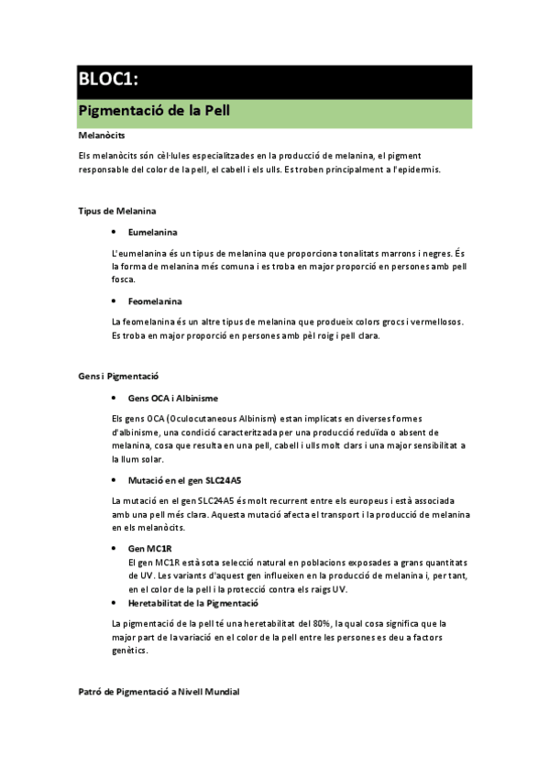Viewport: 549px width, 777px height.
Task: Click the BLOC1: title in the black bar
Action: tap(109, 81)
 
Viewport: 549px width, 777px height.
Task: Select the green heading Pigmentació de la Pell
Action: tap(154, 113)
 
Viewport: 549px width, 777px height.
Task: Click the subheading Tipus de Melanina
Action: tap(116, 211)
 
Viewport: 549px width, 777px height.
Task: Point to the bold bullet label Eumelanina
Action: tap(153, 233)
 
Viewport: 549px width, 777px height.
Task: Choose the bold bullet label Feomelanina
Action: tap(155, 301)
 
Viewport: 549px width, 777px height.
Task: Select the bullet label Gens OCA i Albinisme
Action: tap(173, 398)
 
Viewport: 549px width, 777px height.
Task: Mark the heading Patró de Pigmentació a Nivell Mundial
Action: tap(159, 692)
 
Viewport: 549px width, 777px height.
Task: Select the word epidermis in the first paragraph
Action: tap(418, 170)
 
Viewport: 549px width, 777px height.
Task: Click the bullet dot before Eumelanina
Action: tap(114, 233)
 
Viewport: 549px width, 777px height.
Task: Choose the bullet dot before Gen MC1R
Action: tap(114, 547)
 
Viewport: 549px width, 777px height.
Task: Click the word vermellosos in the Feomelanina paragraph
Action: tap(436, 322)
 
